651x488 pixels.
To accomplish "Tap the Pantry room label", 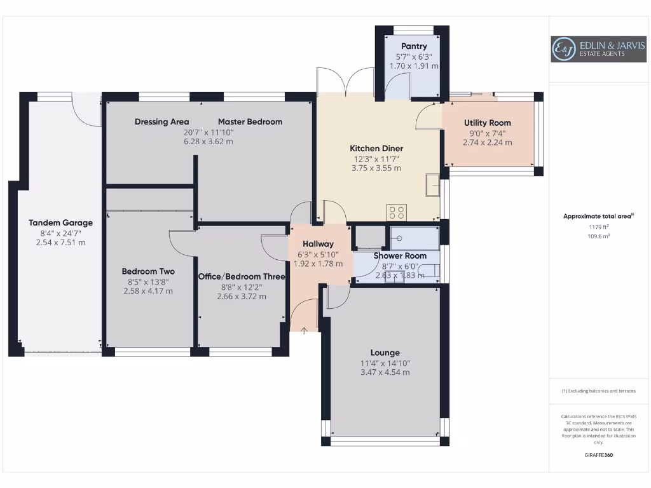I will pyautogui.click(x=414, y=46).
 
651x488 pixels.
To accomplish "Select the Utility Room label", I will pyautogui.click(x=487, y=123).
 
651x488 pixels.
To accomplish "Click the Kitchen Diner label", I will pyautogui.click(x=376, y=148).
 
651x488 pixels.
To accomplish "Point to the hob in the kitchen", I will pyautogui.click(x=397, y=212).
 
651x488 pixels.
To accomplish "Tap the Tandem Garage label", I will pyautogui.click(x=60, y=222).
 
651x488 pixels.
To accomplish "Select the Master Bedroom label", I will pyautogui.click(x=250, y=121).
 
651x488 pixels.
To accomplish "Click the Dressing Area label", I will pyautogui.click(x=161, y=121).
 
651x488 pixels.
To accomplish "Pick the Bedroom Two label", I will pyautogui.click(x=148, y=271).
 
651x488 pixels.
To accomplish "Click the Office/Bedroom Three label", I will pyautogui.click(x=242, y=276).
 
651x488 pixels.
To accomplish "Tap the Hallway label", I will pyautogui.click(x=318, y=244).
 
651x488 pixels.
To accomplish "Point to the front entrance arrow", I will pyautogui.click(x=304, y=330).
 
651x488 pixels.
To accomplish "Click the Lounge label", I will pyautogui.click(x=385, y=353).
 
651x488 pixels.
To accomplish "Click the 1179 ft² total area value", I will pyautogui.click(x=598, y=226).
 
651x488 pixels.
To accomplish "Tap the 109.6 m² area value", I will pyautogui.click(x=598, y=236).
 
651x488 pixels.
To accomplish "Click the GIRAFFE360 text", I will pyautogui.click(x=598, y=455).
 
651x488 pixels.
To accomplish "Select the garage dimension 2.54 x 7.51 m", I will pyautogui.click(x=60, y=242).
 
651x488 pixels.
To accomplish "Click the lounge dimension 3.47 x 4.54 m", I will pyautogui.click(x=385, y=372).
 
